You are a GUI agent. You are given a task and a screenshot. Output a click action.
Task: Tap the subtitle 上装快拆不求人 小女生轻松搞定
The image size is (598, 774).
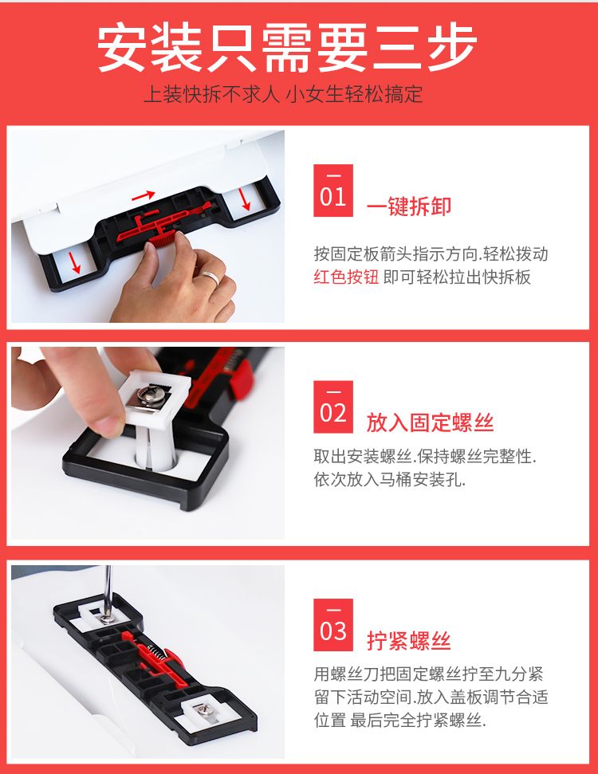[283, 94]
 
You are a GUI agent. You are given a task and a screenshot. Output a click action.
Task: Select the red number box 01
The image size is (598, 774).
[332, 191]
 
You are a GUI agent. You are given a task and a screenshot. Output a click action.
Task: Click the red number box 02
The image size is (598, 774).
[332, 407]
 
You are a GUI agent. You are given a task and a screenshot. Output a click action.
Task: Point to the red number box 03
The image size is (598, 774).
[332, 625]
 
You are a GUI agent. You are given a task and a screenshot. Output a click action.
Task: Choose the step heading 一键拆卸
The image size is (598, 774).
[409, 206]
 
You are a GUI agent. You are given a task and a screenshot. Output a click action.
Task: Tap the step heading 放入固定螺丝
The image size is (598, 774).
[430, 422]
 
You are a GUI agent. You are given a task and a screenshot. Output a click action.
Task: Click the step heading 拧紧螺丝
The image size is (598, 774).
[409, 640]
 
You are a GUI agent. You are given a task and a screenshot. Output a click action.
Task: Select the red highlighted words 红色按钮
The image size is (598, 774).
[346, 277]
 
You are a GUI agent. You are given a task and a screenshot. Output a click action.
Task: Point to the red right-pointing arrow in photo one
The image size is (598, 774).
[143, 196]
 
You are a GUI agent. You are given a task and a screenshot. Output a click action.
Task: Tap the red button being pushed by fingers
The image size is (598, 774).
[162, 240]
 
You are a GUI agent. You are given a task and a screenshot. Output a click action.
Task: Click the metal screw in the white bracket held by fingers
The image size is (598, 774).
[151, 395]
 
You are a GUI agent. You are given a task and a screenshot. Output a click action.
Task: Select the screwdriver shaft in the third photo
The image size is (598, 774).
[108, 590]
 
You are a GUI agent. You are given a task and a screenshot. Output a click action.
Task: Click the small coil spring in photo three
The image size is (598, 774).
[157, 653]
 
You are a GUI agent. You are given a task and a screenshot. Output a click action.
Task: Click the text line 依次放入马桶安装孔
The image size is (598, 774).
[390, 479]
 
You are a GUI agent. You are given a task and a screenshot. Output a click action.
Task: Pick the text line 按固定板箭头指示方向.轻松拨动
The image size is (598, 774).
[431, 253]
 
